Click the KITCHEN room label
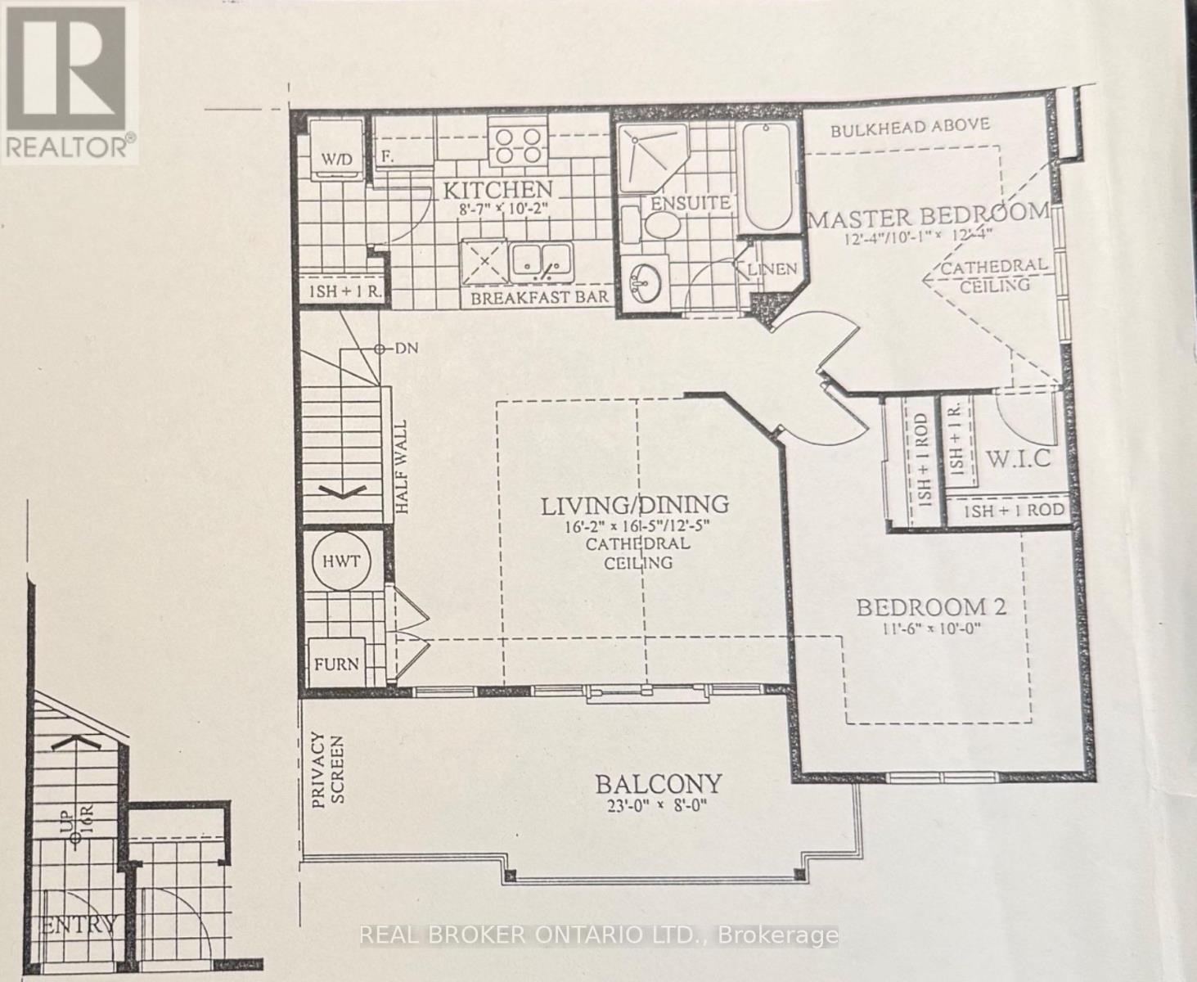pyautogui.click(x=497, y=190)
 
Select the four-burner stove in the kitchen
pyautogui.click(x=518, y=144)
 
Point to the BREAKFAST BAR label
pyautogui.click(x=540, y=297)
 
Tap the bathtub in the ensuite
pyautogui.click(x=767, y=177)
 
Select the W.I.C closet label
pyautogui.click(x=1018, y=458)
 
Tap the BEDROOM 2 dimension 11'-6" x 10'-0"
pyautogui.click(x=930, y=628)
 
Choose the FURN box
pyautogui.click(x=336, y=663)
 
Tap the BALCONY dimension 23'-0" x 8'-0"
pyautogui.click(x=657, y=805)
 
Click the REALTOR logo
pyautogui.click(x=69, y=82)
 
